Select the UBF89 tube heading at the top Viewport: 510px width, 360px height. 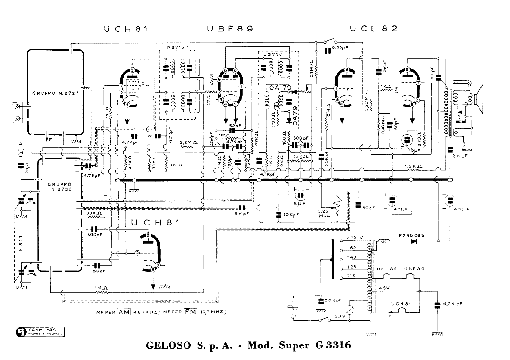230,29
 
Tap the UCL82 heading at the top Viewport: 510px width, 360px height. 373,29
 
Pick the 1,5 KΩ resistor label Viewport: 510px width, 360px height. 413,166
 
